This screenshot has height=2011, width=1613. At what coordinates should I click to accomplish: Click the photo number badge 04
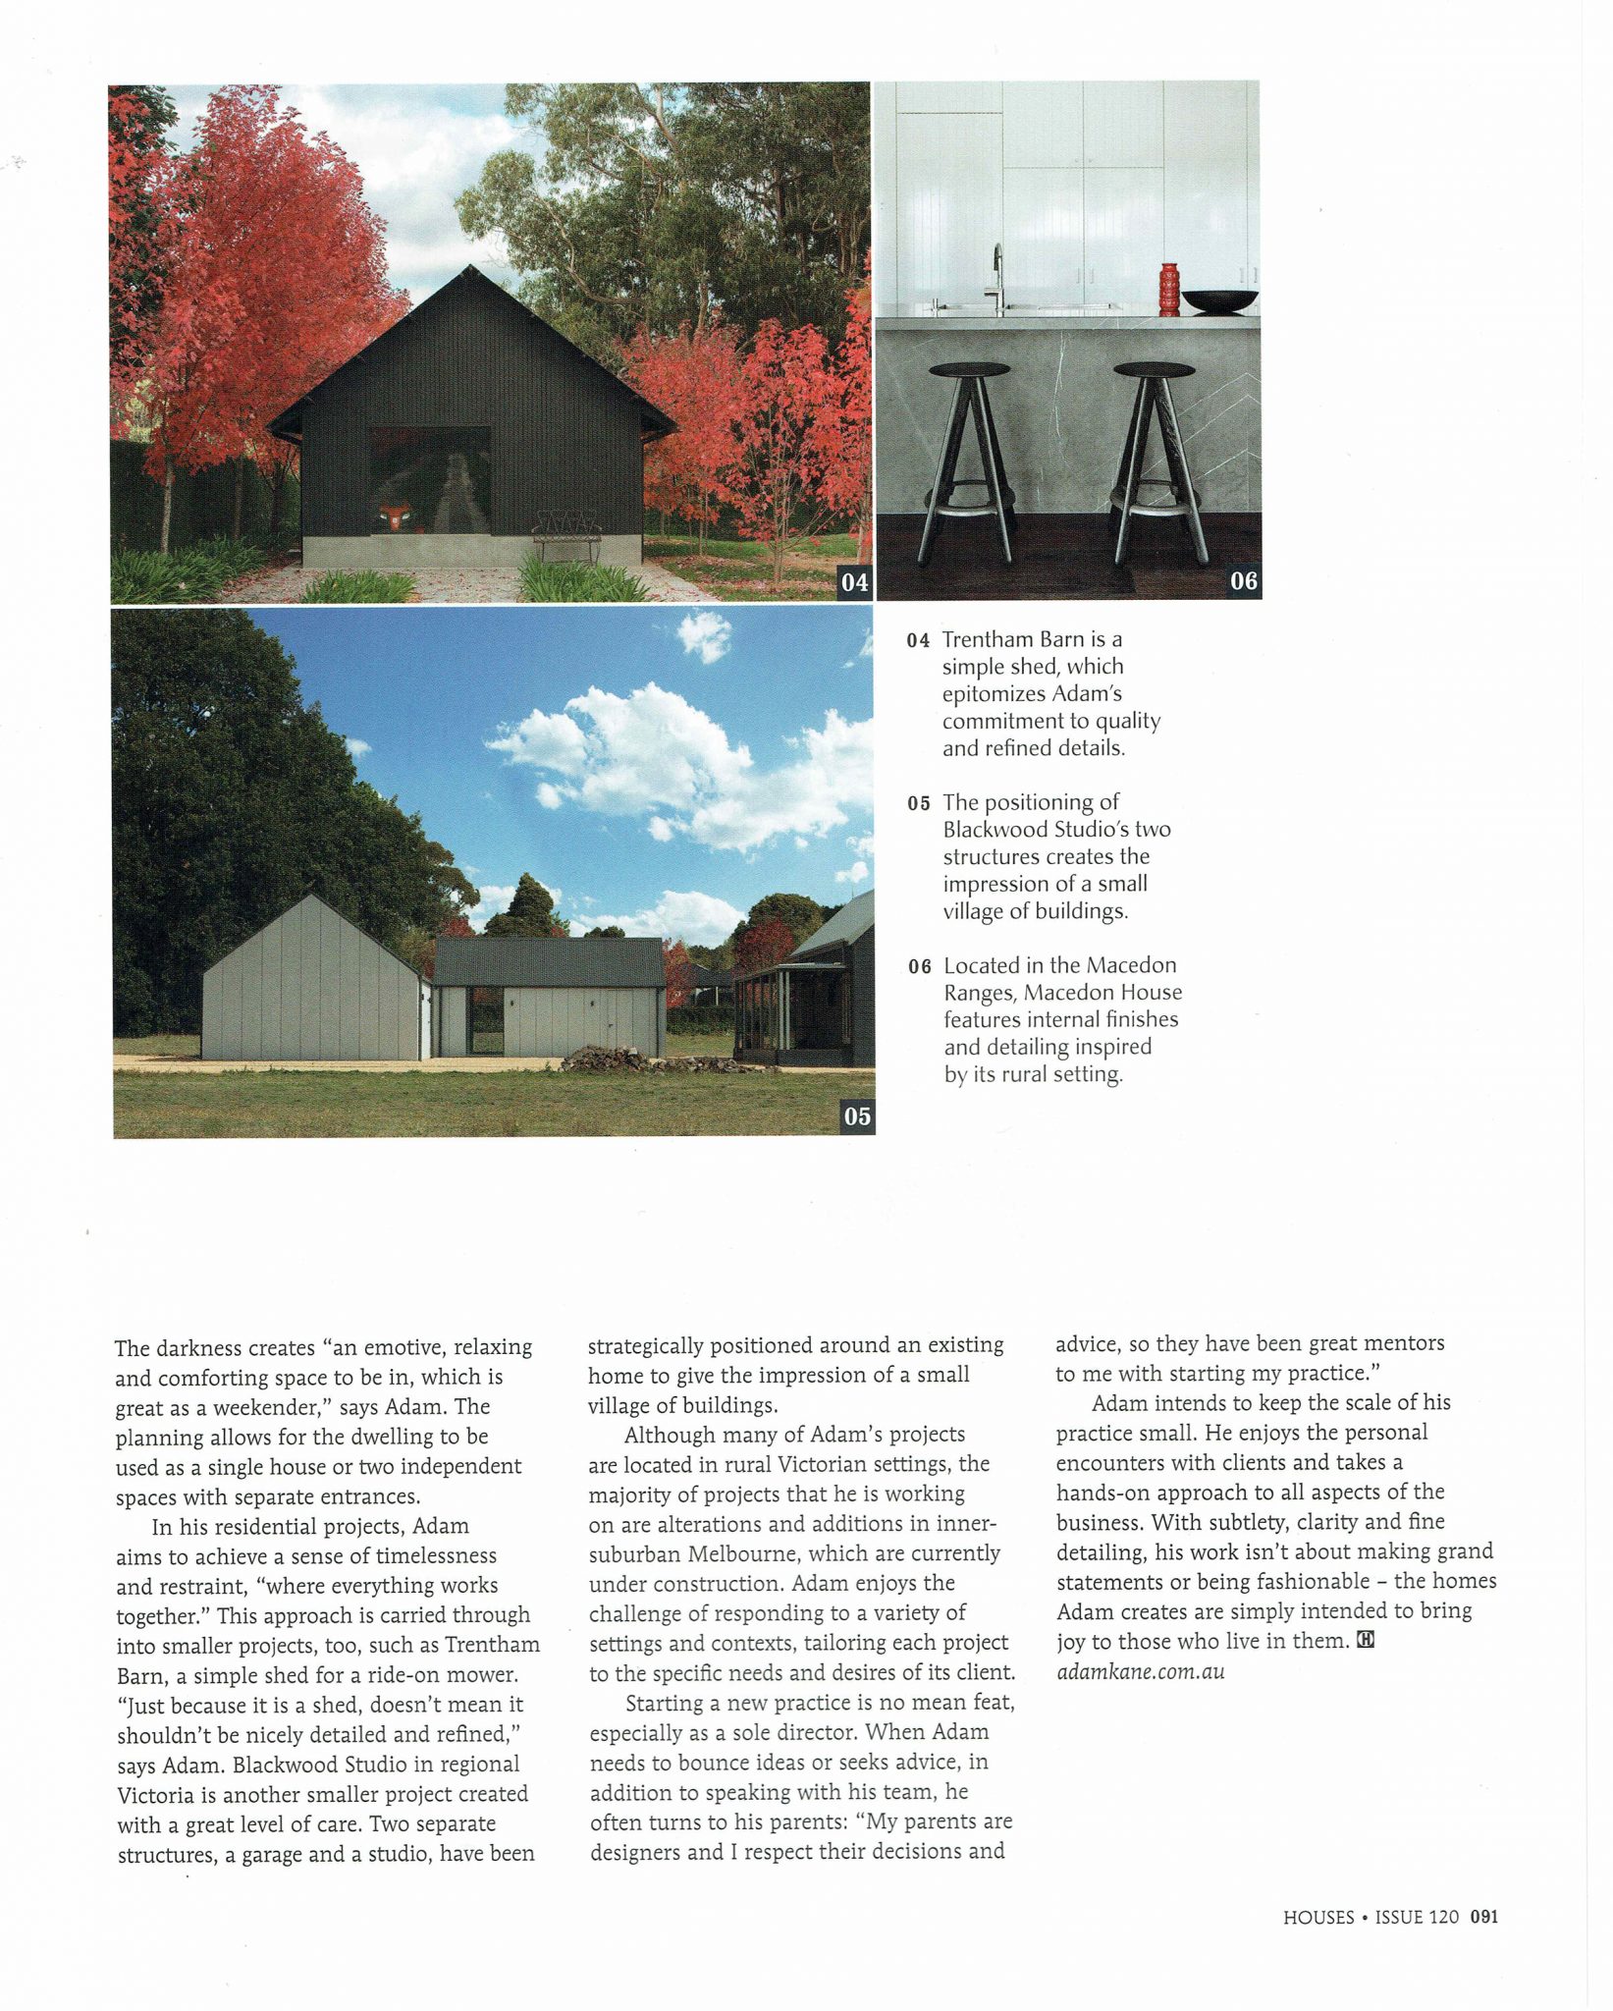[854, 582]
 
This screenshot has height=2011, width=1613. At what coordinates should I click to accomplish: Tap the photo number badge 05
[857, 1116]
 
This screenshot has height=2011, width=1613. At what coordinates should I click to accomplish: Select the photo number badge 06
[1243, 581]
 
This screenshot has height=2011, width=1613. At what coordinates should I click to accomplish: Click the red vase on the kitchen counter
[1168, 289]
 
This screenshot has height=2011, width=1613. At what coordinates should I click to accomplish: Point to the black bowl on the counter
[1219, 300]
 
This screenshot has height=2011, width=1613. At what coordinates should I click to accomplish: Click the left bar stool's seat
[969, 370]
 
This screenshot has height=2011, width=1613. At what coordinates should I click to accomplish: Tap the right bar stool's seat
[1154, 370]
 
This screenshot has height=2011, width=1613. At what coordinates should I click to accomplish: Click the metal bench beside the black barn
[566, 535]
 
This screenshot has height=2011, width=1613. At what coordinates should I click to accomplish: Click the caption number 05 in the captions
[919, 803]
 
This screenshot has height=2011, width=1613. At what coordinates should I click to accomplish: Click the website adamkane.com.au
[1141, 1670]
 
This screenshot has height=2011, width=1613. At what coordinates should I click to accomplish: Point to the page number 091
[1483, 1917]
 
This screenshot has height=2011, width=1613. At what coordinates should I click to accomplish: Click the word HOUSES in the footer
[1318, 1917]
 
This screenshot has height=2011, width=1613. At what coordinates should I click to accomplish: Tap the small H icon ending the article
[1365, 1641]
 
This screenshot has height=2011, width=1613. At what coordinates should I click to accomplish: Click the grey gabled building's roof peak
[312, 895]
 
